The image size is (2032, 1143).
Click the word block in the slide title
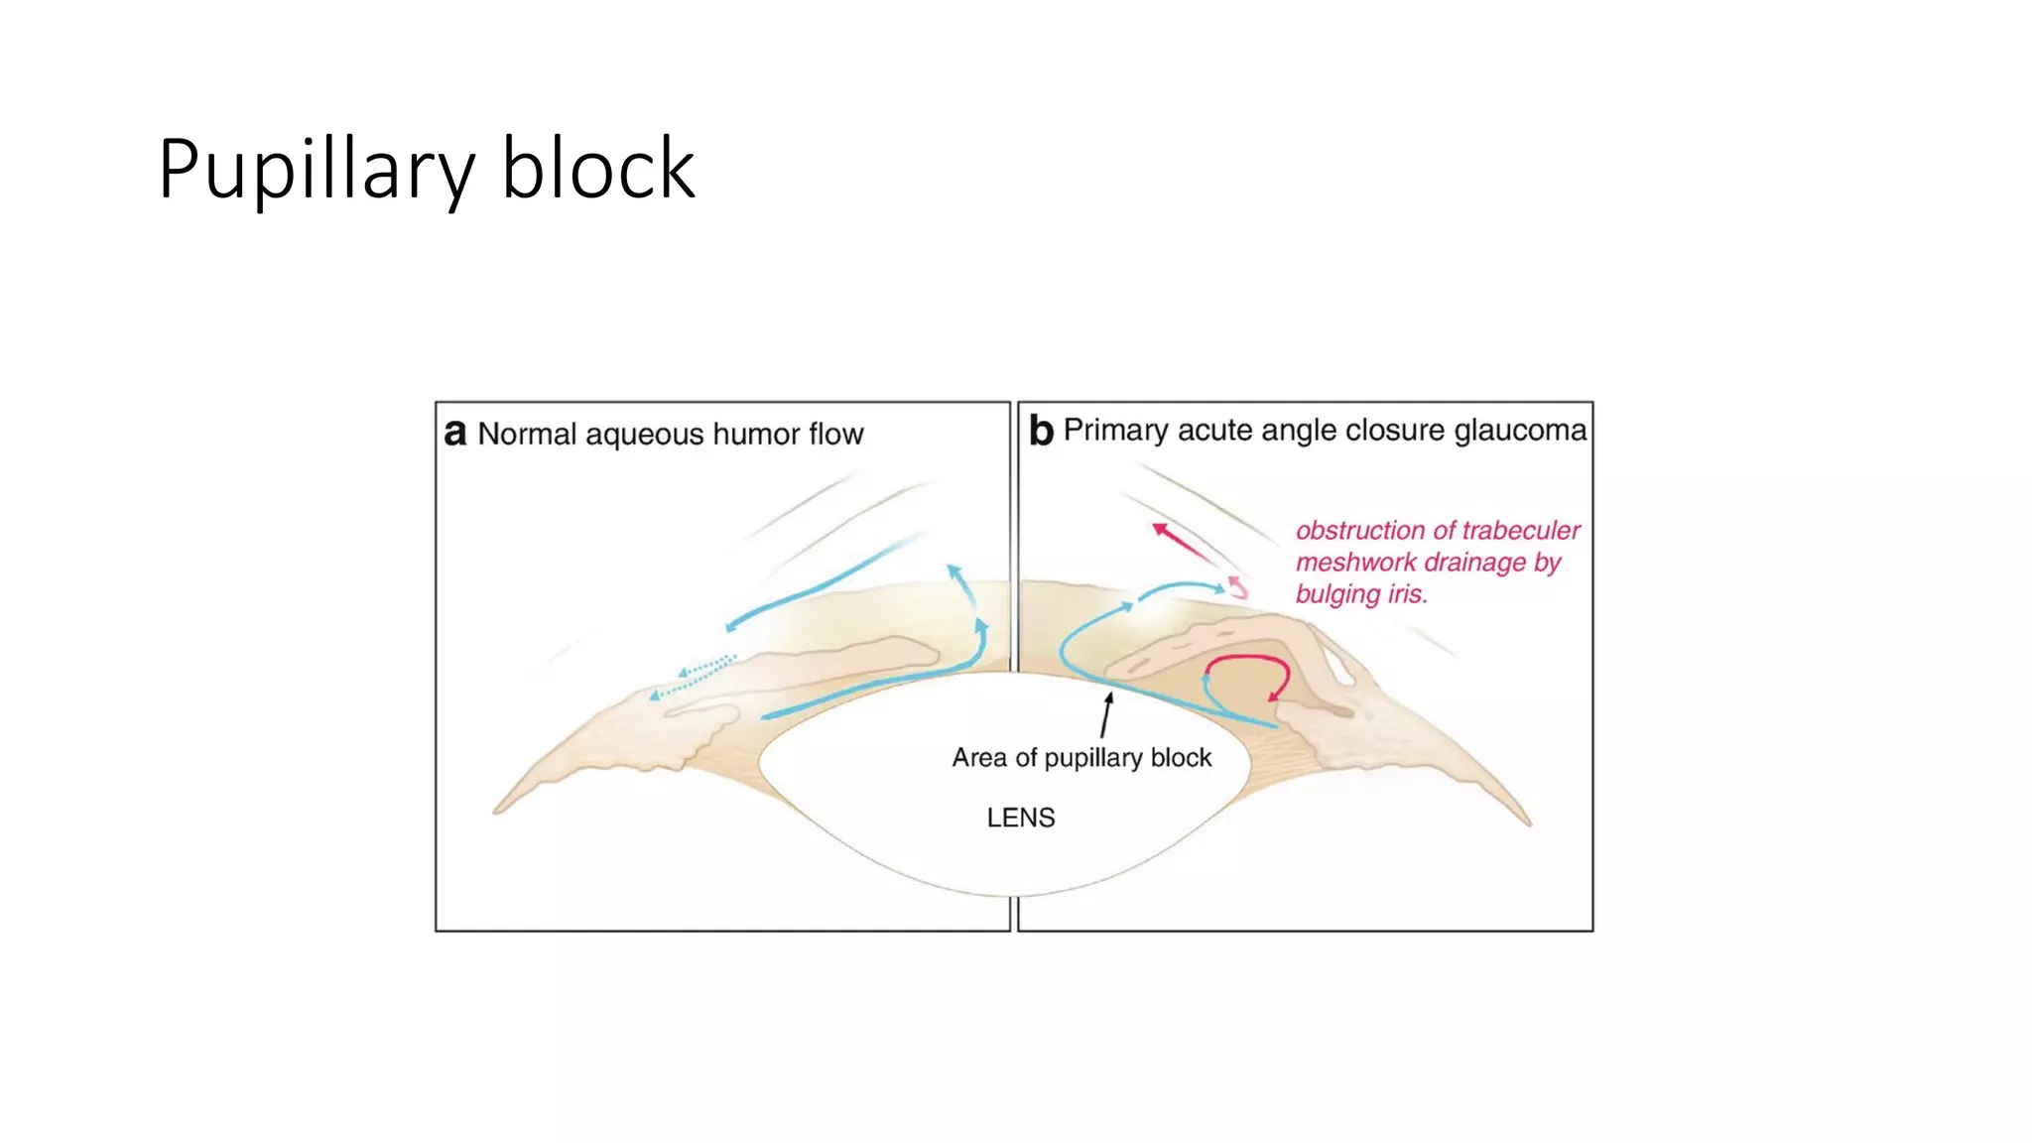click(597, 170)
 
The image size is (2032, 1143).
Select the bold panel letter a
click(454, 434)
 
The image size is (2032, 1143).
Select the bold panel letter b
click(1040, 431)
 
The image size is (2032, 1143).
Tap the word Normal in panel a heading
click(527, 434)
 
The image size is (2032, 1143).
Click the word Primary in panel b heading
click(1115, 430)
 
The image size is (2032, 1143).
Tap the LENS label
click(1020, 818)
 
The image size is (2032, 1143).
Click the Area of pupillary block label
click(1081, 758)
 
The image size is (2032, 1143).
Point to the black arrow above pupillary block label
click(1106, 714)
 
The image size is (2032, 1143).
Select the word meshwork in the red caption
click(1355, 563)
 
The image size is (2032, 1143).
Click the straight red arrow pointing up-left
click(1183, 545)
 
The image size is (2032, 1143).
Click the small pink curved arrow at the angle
click(1237, 586)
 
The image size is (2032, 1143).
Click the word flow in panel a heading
click(835, 434)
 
